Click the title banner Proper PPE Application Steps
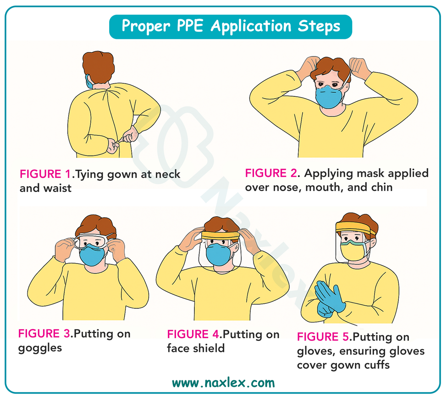(x=231, y=27)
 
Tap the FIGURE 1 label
(x=45, y=174)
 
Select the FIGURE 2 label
(x=270, y=173)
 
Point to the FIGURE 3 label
(x=44, y=334)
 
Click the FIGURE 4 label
(x=193, y=334)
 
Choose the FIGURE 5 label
(x=323, y=337)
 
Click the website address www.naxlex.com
(x=224, y=383)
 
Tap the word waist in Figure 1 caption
(x=58, y=188)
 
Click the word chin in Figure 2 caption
(x=381, y=187)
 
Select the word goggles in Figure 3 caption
(x=40, y=349)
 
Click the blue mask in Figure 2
(x=329, y=97)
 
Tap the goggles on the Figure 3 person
(x=91, y=240)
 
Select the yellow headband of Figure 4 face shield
(x=221, y=236)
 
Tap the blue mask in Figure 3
(x=92, y=256)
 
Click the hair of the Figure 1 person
(x=98, y=67)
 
